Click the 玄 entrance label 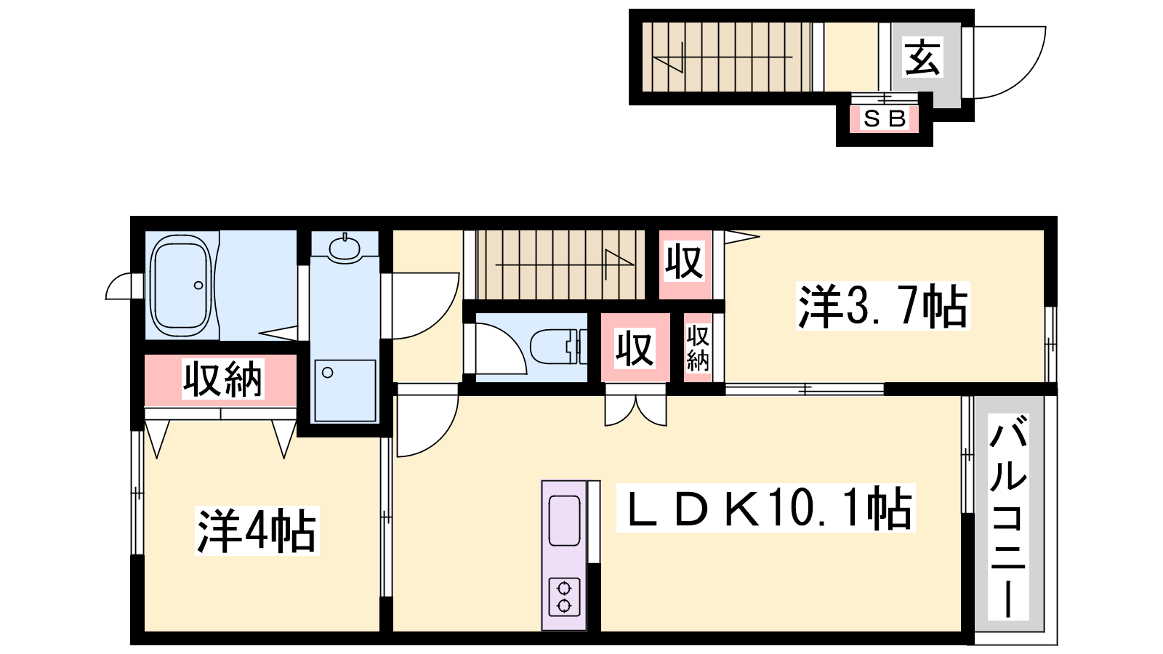coord(922,57)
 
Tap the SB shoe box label coord(885,118)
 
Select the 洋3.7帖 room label coord(882,306)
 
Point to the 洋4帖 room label coord(257,530)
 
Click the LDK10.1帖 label coord(766,508)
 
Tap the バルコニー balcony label coord(1007,516)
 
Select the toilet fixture coord(559,346)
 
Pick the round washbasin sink coord(345,249)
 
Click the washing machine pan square coord(345,390)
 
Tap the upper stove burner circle coord(564,589)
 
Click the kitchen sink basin coord(564,520)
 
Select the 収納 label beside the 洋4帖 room coord(222,379)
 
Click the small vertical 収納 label coord(698,348)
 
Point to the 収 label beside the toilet coord(635,348)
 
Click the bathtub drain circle coord(198,286)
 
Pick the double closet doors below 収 coord(635,410)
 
